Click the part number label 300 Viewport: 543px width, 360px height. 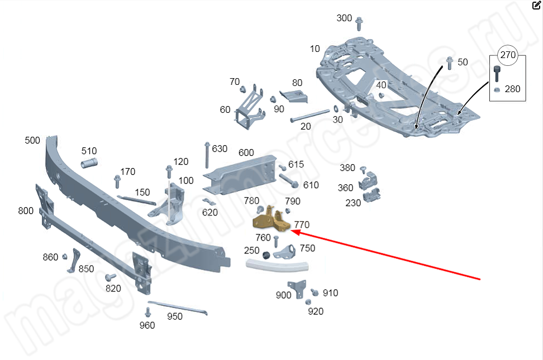pyautogui.click(x=344, y=18)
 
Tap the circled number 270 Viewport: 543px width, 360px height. pyautogui.click(x=508, y=55)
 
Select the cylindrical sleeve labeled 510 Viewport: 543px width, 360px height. pyautogui.click(x=90, y=164)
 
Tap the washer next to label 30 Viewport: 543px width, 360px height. pyautogui.click(x=334, y=108)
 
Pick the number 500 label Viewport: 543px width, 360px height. pyautogui.click(x=32, y=140)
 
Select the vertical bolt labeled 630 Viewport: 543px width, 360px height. pyautogui.click(x=207, y=154)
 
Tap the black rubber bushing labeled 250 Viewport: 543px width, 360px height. pyautogui.click(x=266, y=255)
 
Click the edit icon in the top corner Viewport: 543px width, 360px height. pyautogui.click(x=537, y=6)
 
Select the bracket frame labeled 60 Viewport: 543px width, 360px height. pyautogui.click(x=249, y=109)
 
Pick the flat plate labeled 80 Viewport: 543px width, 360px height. pyautogui.click(x=294, y=96)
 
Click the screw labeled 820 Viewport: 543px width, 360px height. pyautogui.click(x=111, y=277)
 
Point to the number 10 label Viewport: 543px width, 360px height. pyautogui.click(x=315, y=49)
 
